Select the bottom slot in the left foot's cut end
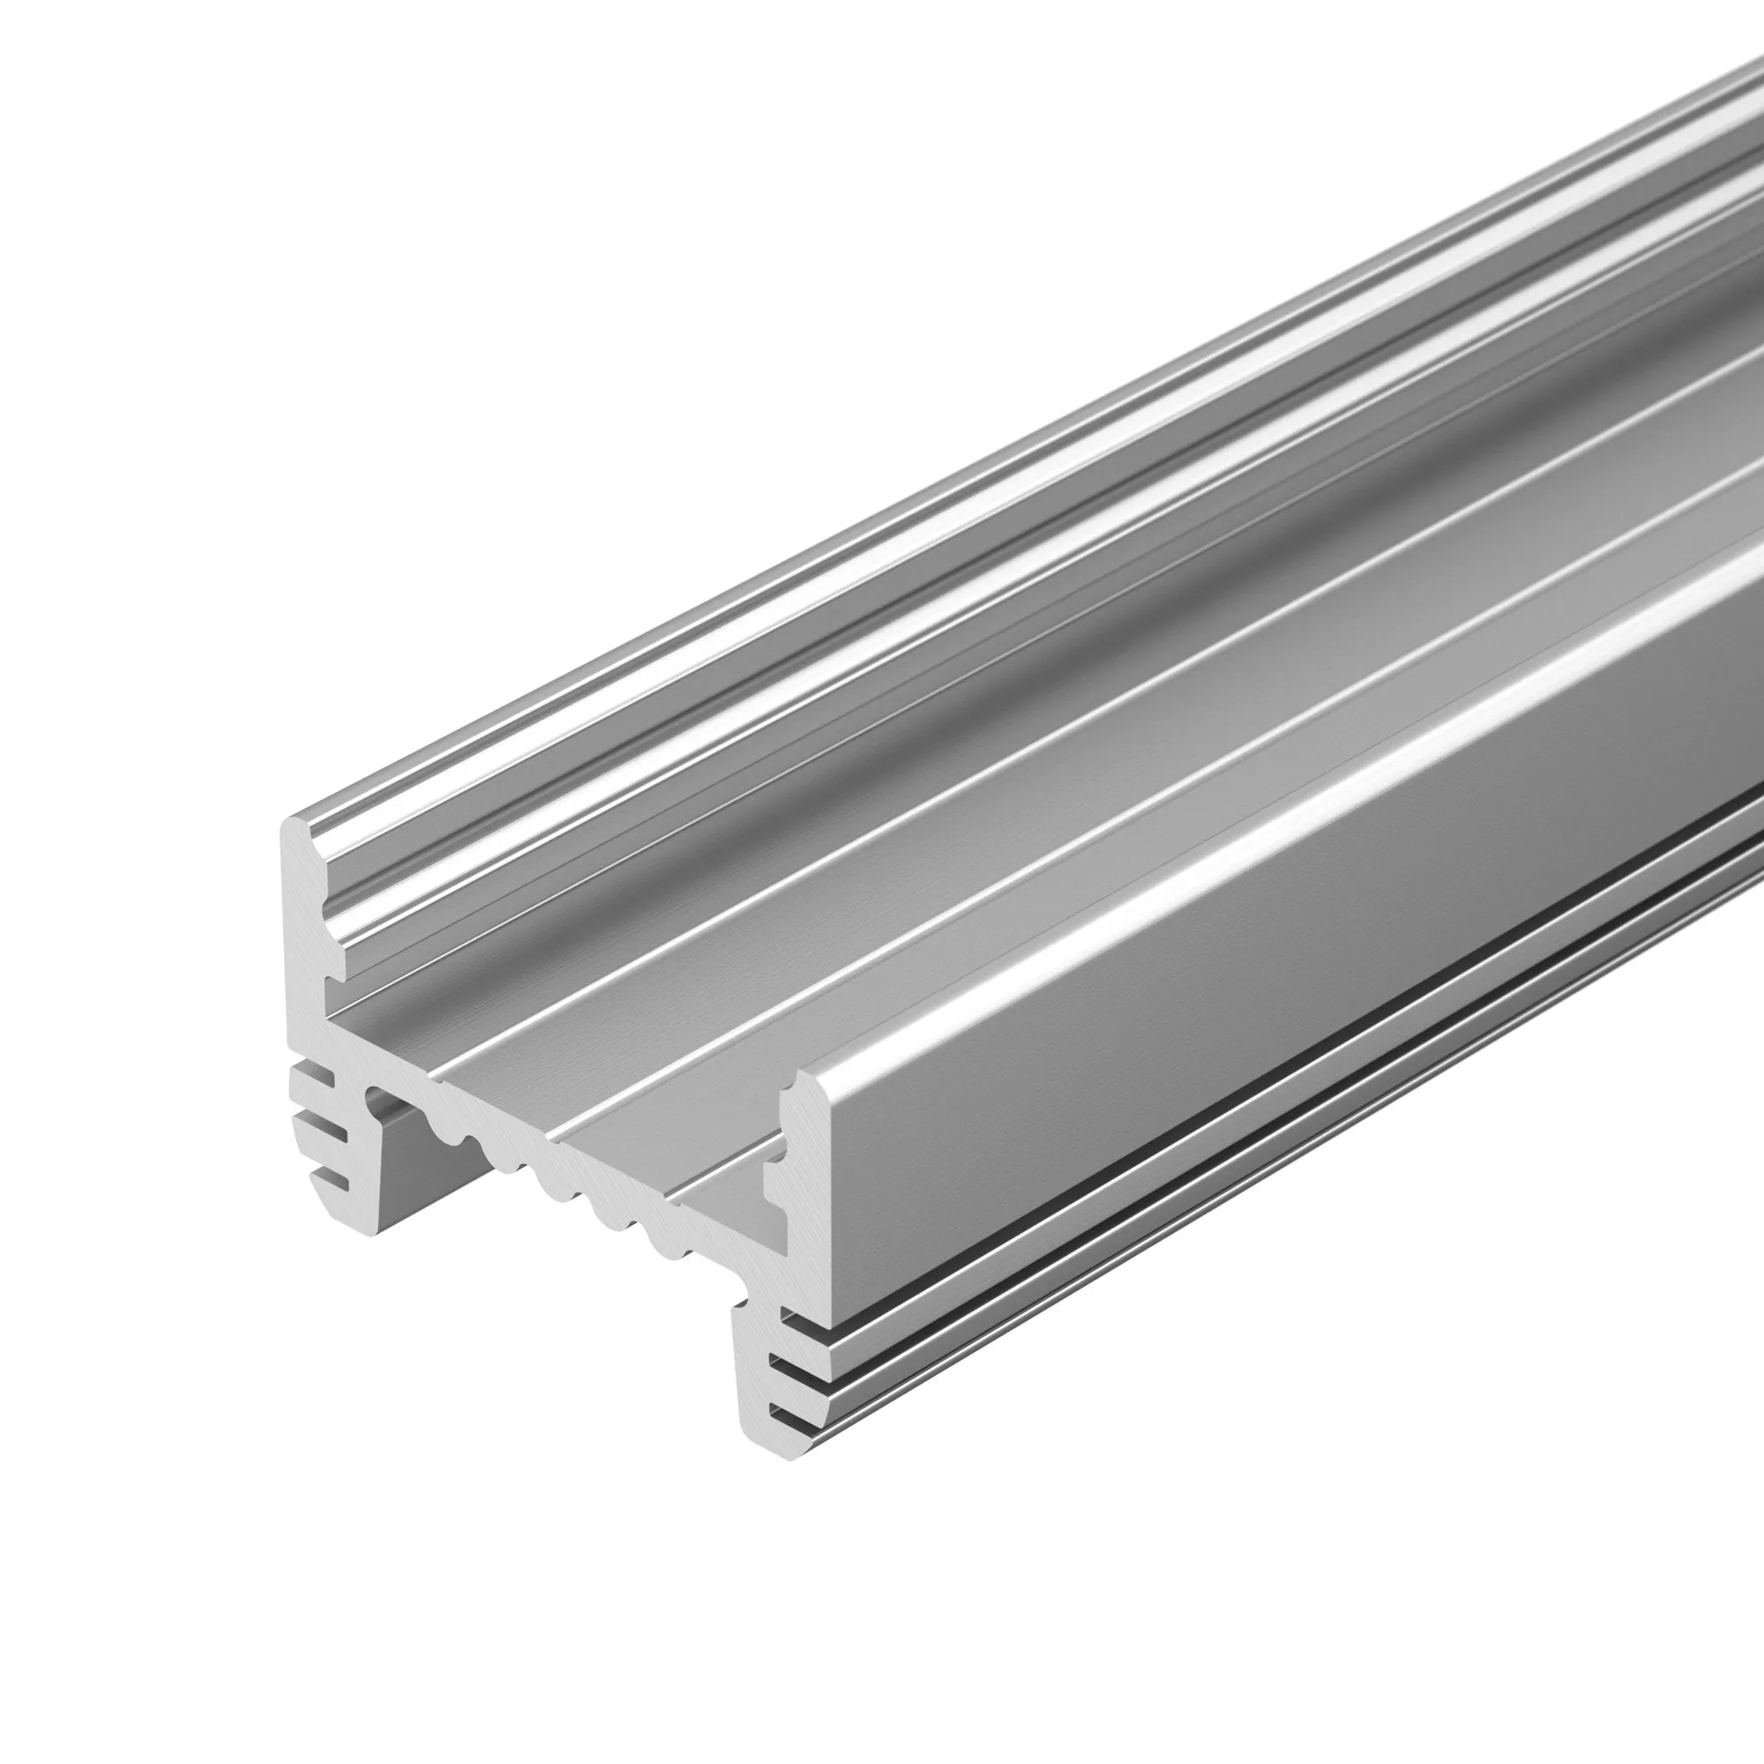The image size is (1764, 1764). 334,1185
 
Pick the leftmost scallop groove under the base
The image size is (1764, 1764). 447,1132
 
